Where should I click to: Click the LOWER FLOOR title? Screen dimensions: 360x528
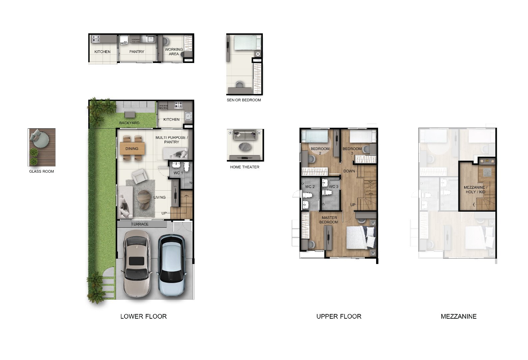click(x=143, y=316)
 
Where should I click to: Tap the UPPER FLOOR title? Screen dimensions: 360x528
click(x=338, y=316)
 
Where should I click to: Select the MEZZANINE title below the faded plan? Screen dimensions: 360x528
click(x=458, y=316)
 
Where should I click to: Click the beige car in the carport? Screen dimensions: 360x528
click(x=137, y=263)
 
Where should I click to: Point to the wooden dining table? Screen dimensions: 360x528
click(x=133, y=149)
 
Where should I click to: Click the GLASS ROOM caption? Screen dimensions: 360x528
click(x=41, y=171)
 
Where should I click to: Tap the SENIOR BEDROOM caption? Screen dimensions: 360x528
click(x=244, y=100)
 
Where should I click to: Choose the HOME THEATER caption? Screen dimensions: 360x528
click(x=245, y=167)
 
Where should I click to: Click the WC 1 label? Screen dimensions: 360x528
click(x=178, y=173)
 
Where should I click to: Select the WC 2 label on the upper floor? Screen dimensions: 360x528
click(x=310, y=187)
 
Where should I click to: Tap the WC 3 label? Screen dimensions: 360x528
click(x=333, y=187)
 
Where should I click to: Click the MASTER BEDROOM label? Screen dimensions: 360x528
click(x=329, y=220)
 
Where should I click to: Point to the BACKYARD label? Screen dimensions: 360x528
click(x=129, y=123)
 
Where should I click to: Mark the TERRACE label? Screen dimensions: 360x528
click(x=140, y=224)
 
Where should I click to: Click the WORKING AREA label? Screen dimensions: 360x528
click(x=174, y=52)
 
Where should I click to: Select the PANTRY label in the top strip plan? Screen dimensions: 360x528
click(x=137, y=52)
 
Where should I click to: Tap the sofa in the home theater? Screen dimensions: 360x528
click(x=245, y=135)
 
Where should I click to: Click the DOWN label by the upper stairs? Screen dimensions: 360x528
click(x=349, y=171)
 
